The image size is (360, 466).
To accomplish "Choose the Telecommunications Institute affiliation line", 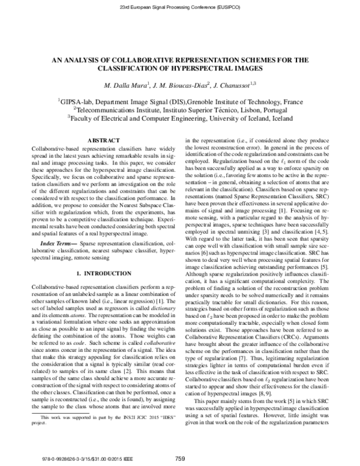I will [180, 111].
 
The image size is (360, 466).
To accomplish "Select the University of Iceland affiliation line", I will [180, 120].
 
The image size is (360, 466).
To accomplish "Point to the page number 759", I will [180, 459].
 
